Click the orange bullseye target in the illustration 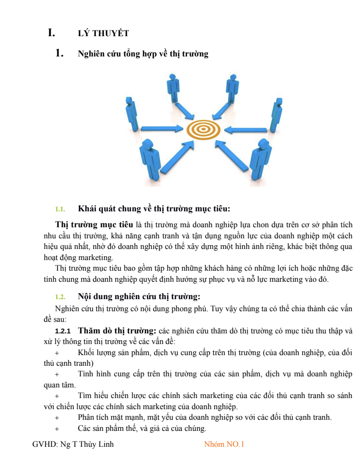pyautogui.click(x=203, y=129)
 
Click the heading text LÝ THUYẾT pyautogui.click(x=103, y=33)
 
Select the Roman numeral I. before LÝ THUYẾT pyautogui.click(x=51, y=33)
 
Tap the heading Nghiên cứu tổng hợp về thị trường pyautogui.click(x=143, y=54)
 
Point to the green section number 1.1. pyautogui.click(x=60, y=209)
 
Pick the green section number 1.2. pyautogui.click(x=60, y=297)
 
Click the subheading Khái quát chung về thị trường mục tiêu pyautogui.click(x=154, y=209)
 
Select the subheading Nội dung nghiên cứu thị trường pyautogui.click(x=139, y=296)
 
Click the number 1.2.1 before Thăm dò pyautogui.click(x=63, y=331)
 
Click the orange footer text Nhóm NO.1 pyautogui.click(x=224, y=444)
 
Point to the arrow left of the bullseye pyautogui.click(x=162, y=129)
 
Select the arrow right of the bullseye pyautogui.click(x=245, y=129)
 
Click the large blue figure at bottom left pyautogui.click(x=149, y=160)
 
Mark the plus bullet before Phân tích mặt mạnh pyautogui.click(x=57, y=417)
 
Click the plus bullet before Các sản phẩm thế pyautogui.click(x=57, y=428)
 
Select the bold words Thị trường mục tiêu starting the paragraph pyautogui.click(x=94, y=224)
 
